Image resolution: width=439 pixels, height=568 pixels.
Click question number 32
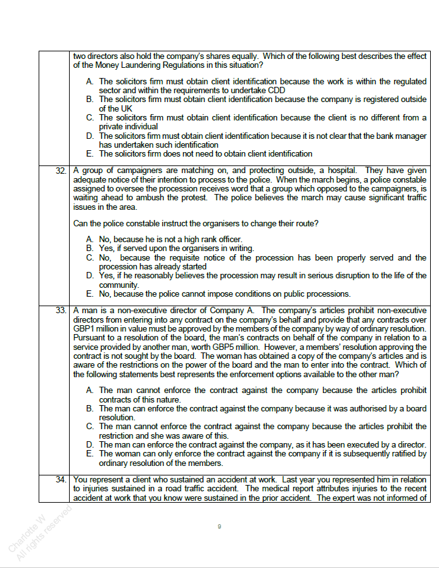[61, 171]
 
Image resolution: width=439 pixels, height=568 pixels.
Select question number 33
[61, 310]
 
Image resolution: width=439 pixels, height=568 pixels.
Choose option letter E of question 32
[90, 294]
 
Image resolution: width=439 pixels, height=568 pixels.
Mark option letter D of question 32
[90, 276]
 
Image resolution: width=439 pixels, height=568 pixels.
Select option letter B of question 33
[90, 409]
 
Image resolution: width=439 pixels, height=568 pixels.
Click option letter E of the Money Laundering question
[90, 154]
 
